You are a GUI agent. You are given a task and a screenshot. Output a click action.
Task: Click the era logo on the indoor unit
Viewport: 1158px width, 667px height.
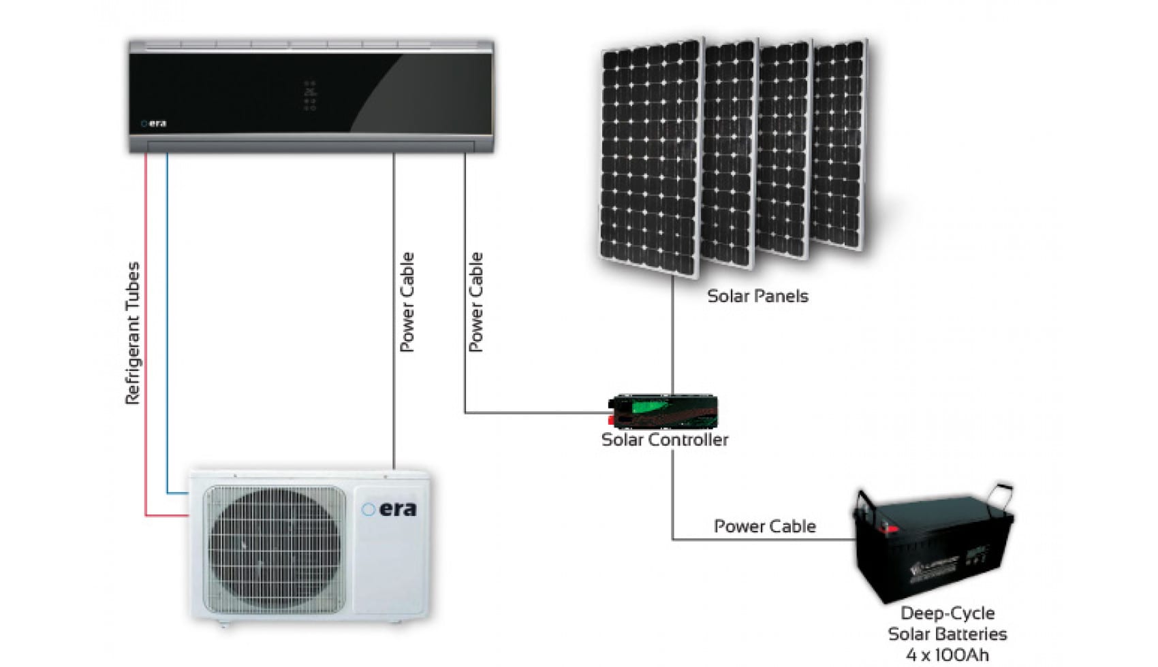click(x=154, y=123)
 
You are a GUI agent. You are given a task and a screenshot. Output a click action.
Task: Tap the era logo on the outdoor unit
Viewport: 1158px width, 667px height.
click(x=390, y=509)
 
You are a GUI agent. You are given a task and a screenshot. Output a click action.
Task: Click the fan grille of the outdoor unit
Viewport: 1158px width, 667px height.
click(x=275, y=548)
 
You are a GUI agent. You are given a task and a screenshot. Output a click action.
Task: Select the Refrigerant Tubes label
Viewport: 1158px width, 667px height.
click(x=132, y=333)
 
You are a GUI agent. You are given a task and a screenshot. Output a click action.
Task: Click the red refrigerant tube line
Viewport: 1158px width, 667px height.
click(x=146, y=340)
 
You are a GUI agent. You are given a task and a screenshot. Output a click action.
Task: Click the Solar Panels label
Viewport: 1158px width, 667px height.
click(x=757, y=296)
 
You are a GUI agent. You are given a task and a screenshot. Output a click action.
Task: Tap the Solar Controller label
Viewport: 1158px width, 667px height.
click(x=665, y=440)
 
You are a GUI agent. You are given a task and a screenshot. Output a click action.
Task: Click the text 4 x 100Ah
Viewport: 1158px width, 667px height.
click(x=947, y=655)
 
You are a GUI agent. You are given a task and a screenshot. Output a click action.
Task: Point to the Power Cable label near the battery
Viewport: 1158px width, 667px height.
click(x=764, y=526)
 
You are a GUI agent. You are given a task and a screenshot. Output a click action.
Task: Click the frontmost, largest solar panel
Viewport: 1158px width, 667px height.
click(x=650, y=157)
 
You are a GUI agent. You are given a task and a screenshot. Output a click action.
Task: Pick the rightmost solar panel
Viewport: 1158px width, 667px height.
click(x=839, y=143)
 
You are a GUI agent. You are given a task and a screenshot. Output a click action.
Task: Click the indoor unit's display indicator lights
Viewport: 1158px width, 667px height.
click(x=310, y=96)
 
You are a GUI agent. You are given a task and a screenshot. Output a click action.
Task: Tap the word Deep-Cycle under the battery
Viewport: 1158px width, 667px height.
click(x=947, y=613)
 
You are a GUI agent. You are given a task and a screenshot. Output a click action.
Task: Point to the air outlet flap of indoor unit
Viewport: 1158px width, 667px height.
click(x=311, y=146)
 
